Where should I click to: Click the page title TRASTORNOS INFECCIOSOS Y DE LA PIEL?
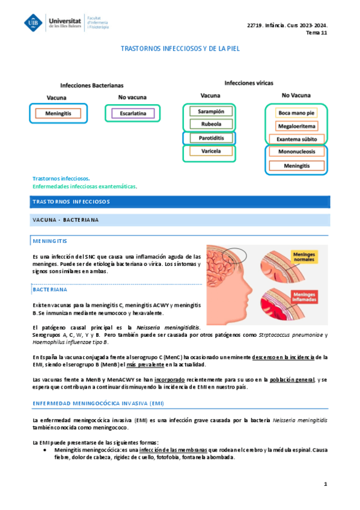pos(180,48)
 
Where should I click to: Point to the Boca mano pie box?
pos(296,112)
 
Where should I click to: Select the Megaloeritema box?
pos(296,126)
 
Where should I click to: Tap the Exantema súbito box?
pos(296,140)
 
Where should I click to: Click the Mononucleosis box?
pos(296,152)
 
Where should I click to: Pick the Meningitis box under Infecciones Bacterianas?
pos(58,113)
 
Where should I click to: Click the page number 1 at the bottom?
pos(325,484)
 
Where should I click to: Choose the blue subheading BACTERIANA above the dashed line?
pos(50,289)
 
